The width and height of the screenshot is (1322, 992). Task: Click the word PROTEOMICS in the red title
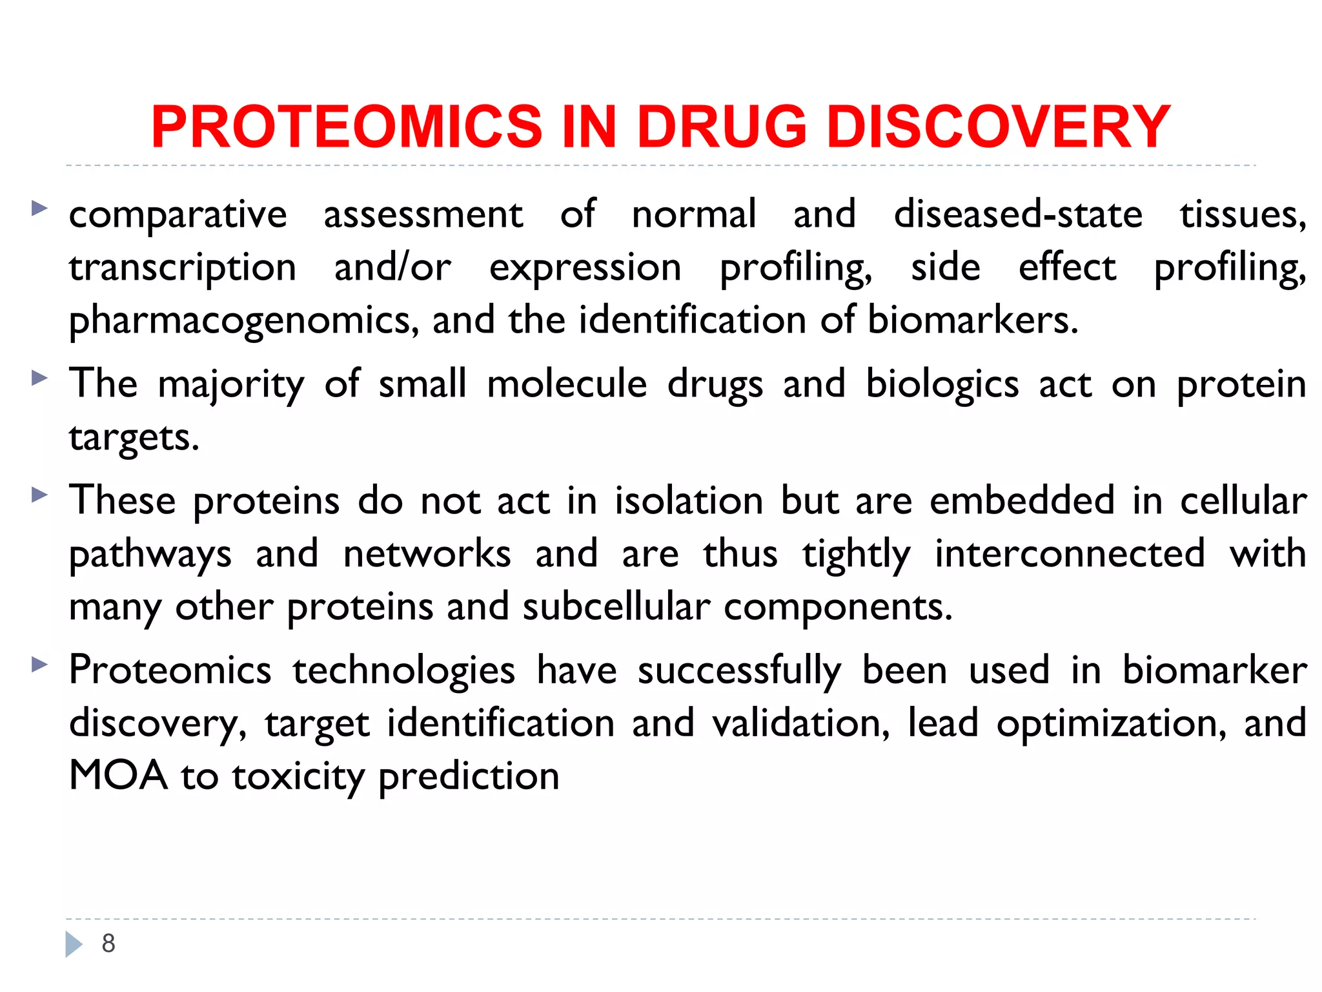[x=347, y=127]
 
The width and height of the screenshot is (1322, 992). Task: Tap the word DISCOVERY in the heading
[x=998, y=127]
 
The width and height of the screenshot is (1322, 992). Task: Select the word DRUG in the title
[x=721, y=127]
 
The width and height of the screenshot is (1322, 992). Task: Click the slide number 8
[x=108, y=944]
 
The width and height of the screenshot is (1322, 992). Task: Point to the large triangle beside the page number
[x=74, y=944]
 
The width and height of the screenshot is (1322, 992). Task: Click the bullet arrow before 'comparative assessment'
[x=39, y=208]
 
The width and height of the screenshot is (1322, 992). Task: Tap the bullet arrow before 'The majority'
[x=39, y=378]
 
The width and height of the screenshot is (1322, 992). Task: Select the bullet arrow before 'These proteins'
[x=39, y=495]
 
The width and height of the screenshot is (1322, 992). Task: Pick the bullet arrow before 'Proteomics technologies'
[x=39, y=664]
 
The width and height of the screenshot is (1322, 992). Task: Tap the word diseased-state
[x=1018, y=214]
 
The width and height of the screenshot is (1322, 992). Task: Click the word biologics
[x=942, y=384]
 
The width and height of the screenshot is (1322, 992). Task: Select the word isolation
[x=689, y=501]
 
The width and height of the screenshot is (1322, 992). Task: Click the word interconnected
[x=1070, y=554]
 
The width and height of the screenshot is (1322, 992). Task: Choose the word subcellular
[x=616, y=607]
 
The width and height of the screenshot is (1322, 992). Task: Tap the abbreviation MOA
[x=118, y=776]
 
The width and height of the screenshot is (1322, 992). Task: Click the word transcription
[x=183, y=268]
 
